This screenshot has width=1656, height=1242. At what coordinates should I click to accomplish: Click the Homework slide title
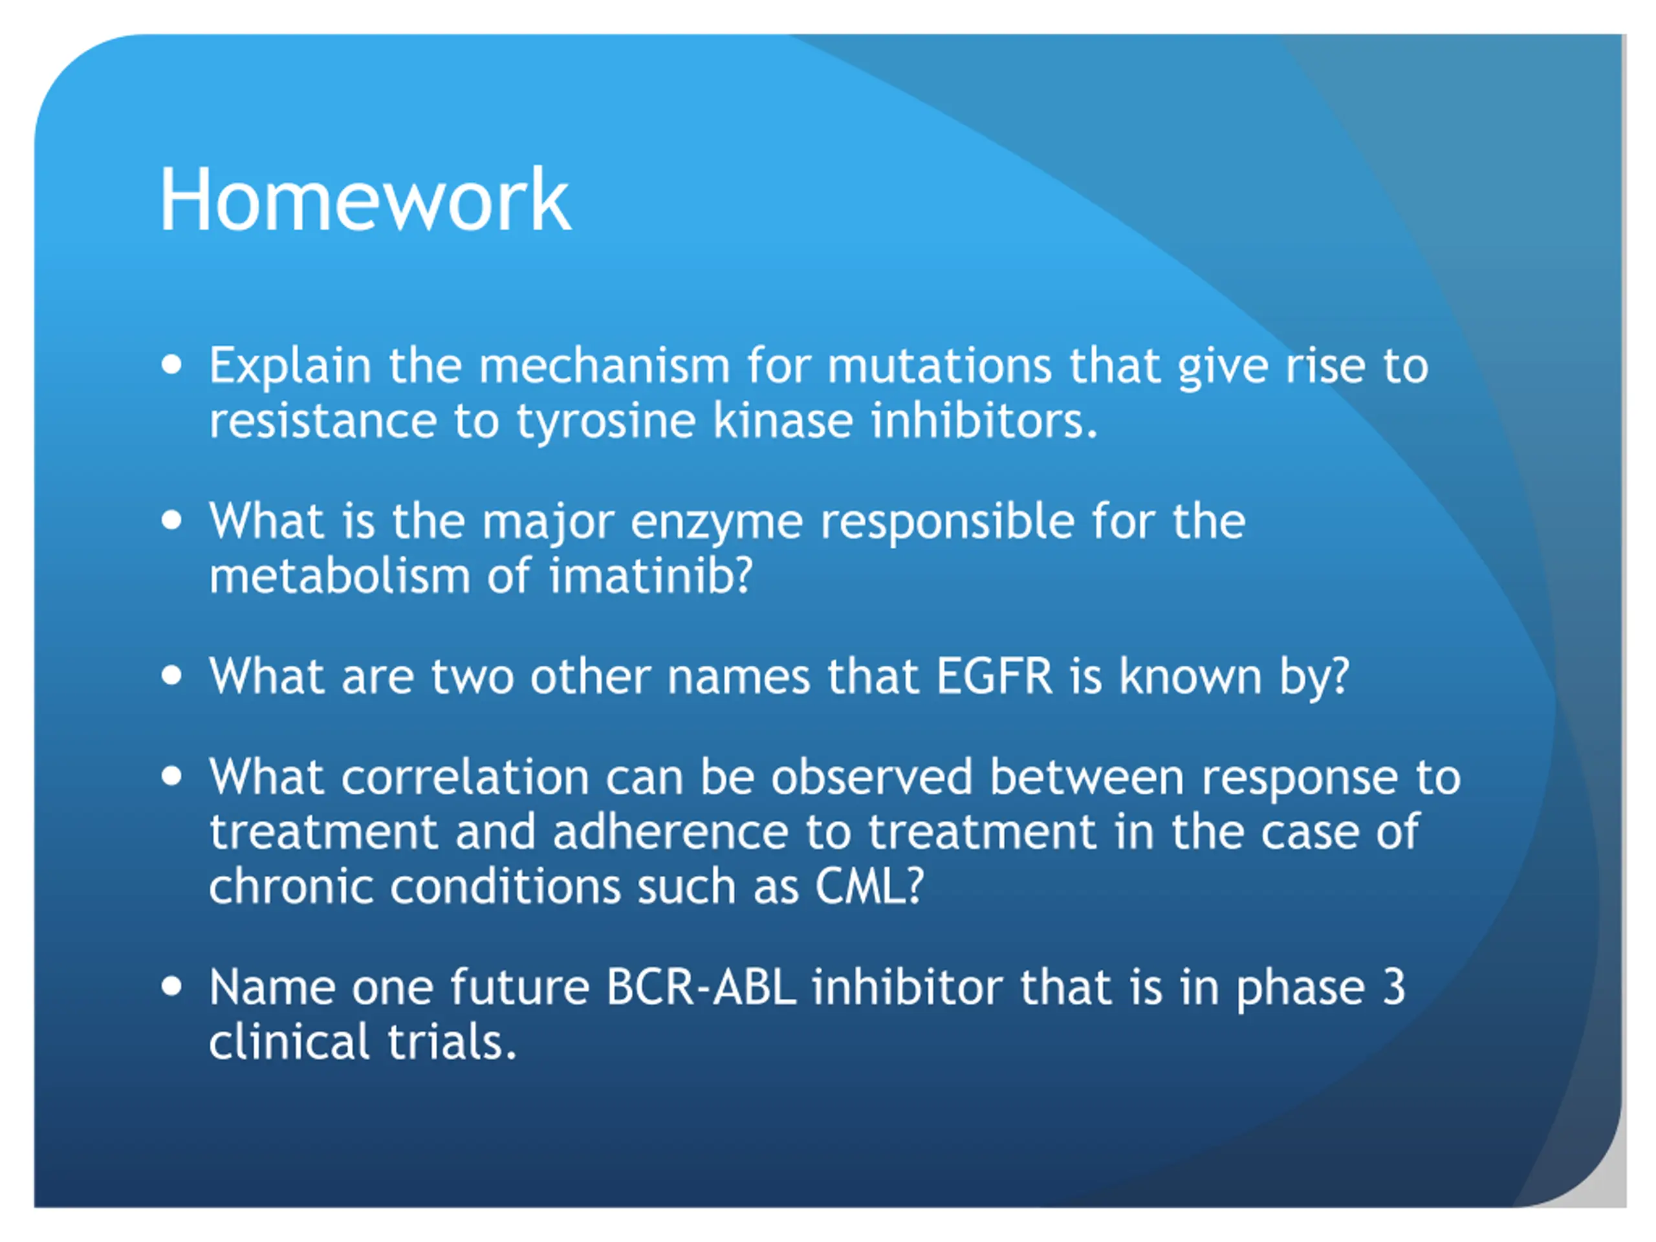coord(365,200)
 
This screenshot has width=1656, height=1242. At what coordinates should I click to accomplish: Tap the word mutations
coord(939,366)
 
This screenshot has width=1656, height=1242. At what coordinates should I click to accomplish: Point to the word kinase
coord(782,420)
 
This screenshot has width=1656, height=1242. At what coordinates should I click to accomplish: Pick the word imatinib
coord(651,576)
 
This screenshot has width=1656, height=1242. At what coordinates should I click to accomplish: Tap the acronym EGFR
coord(994,677)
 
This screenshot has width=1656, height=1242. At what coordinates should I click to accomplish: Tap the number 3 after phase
coord(1393,988)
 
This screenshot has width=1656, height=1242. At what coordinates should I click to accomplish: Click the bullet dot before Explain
coord(171,365)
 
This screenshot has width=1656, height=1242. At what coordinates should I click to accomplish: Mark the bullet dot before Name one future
coord(171,986)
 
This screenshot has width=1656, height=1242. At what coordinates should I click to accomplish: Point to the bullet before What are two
coord(171,676)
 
